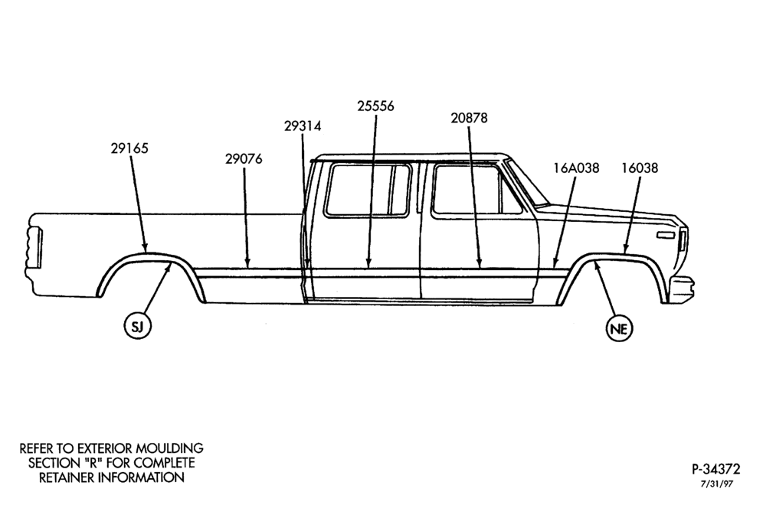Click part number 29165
pyautogui.click(x=129, y=148)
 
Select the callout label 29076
pyautogui.click(x=244, y=159)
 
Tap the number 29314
pyautogui.click(x=303, y=126)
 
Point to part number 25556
pyautogui.click(x=375, y=106)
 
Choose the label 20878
pyautogui.click(x=469, y=118)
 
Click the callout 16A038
pyautogui.click(x=576, y=168)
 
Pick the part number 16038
pyautogui.click(x=640, y=168)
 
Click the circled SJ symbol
pyautogui.click(x=137, y=326)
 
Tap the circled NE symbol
pyautogui.click(x=619, y=328)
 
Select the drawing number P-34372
pyautogui.click(x=716, y=469)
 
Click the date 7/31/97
pyautogui.click(x=717, y=484)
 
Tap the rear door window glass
pyautogui.click(x=368, y=190)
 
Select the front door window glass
pyautogui.click(x=476, y=190)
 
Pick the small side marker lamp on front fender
pyautogui.click(x=663, y=235)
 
